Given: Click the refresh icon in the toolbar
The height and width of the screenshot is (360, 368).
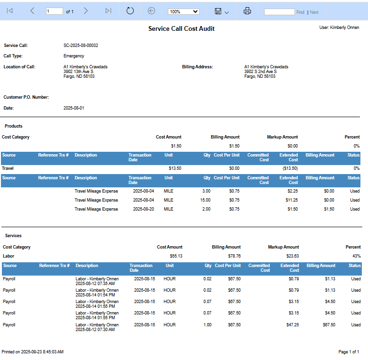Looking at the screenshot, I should point(130,11).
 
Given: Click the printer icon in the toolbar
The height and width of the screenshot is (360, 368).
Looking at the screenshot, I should point(247,11).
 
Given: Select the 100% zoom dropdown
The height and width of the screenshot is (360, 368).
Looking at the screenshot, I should point(184,11).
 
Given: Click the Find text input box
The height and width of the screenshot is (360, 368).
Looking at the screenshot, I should point(279,12).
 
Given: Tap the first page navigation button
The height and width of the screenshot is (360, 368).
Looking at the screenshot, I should point(9,11).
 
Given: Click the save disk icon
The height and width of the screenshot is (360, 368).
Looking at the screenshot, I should point(218,11).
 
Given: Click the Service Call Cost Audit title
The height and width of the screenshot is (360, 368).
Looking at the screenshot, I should point(181,29).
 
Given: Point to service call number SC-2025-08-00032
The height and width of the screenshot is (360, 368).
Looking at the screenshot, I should point(81,46).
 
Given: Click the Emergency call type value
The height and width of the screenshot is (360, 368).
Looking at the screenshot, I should point(74,56).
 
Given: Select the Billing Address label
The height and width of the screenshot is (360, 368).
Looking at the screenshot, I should point(197,67).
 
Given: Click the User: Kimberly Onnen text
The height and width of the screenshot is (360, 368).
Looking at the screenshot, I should point(339,28).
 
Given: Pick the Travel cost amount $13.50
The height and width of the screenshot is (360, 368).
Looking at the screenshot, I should point(175,168).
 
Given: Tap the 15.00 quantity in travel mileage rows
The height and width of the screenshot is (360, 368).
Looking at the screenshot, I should point(205,200).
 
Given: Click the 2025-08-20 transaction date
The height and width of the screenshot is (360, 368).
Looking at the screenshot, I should point(144,209).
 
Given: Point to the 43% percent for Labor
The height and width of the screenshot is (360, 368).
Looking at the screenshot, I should point(356,256).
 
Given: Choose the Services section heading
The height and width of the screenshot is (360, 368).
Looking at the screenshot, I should point(13,236).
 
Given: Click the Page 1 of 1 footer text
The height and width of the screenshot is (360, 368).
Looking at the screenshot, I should point(349,352).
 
